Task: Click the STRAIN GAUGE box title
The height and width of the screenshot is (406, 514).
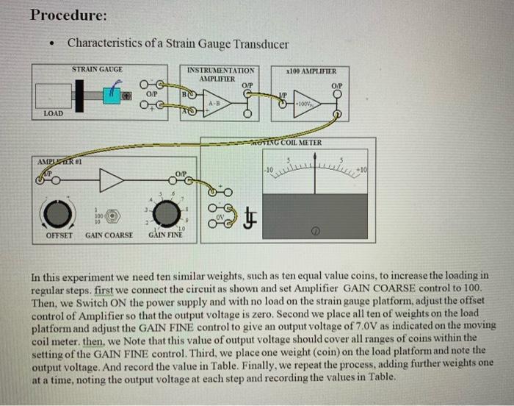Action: click(x=97, y=68)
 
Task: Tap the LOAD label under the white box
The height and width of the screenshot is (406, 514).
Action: click(x=53, y=114)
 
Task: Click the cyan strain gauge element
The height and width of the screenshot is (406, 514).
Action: click(x=112, y=93)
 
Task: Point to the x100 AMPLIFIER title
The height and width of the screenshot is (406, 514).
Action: click(x=312, y=71)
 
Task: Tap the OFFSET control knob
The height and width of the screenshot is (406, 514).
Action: click(x=59, y=214)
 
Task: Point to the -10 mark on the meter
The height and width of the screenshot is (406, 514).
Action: click(x=269, y=170)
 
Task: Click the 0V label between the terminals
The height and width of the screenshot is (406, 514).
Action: click(x=228, y=217)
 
